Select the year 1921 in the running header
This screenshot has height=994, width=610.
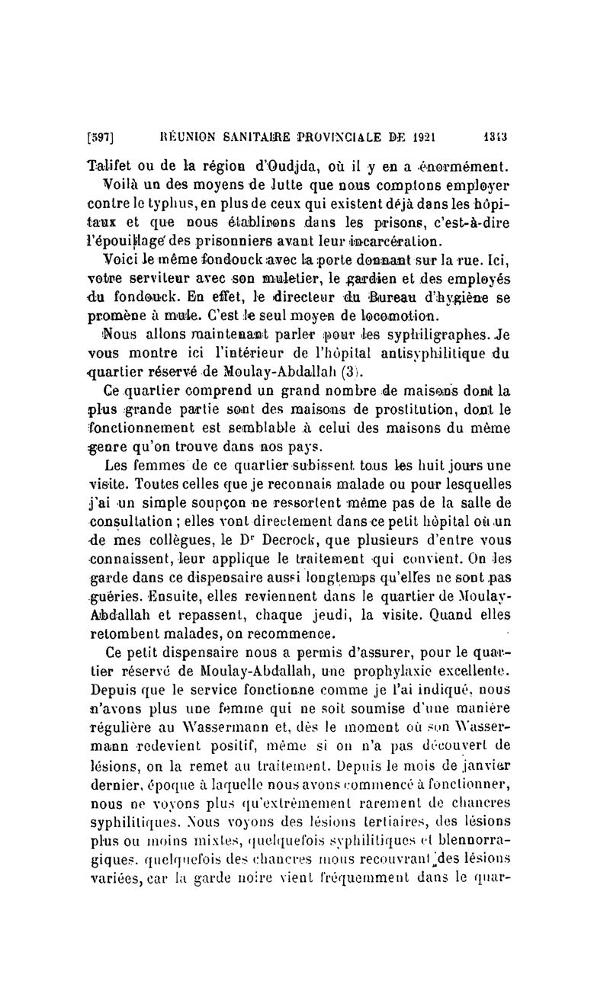(418, 140)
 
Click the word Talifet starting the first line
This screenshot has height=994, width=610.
(110, 165)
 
